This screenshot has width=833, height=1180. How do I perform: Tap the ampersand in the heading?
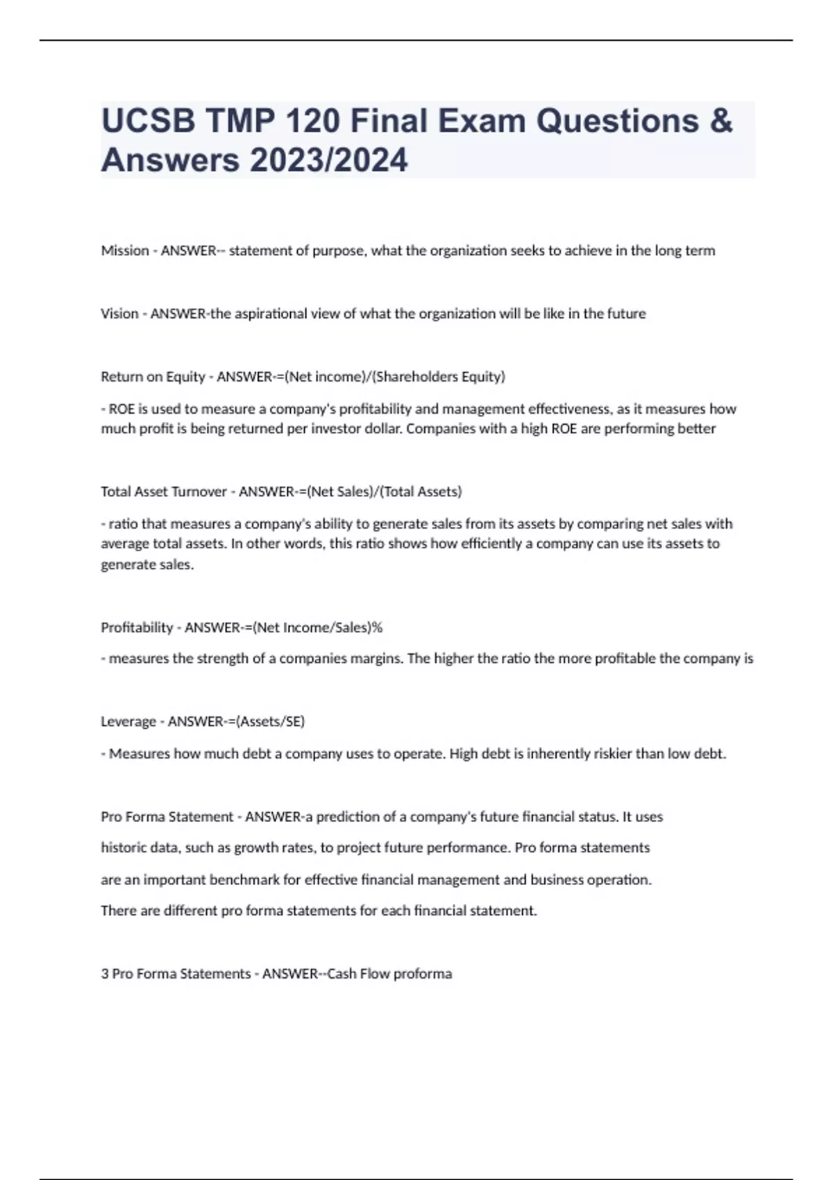tap(721, 121)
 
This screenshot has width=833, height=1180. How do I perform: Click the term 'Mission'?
tap(125, 251)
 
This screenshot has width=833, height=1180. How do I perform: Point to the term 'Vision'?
tap(119, 314)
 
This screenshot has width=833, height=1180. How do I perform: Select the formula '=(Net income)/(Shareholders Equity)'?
tap(395, 377)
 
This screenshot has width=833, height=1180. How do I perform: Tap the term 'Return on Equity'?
tap(153, 377)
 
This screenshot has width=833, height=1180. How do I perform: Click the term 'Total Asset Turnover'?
tap(164, 491)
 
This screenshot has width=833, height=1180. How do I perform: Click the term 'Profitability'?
tap(137, 627)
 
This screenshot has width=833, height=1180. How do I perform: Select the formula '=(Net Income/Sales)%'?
tap(317, 627)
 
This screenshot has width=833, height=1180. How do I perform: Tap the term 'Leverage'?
tap(128, 722)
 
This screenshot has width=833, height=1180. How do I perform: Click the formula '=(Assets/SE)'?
tap(270, 722)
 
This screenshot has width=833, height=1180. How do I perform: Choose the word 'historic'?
tap(124, 848)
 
